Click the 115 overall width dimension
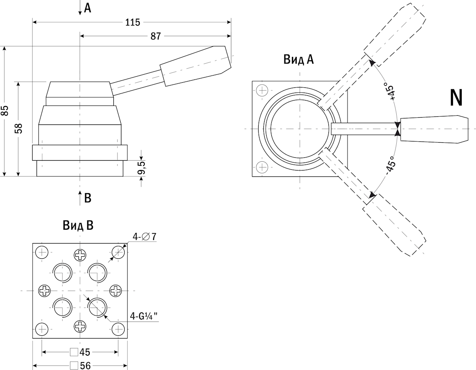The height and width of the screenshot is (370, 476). pos(132,22)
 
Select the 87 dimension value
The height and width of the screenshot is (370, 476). pos(155,36)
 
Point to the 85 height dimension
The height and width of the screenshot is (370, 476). pos(5,110)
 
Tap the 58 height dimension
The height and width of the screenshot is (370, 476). pos(19,128)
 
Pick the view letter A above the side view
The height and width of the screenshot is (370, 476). pos(87,8)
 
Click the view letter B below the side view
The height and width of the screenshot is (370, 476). pos(88,198)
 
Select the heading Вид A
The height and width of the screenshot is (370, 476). pos(298,60)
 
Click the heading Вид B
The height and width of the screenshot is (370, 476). pos(78,226)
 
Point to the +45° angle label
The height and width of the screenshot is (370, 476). pos(390,92)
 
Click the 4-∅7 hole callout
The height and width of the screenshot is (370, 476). pos(144,237)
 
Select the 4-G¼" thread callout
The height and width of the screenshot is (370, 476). pos(144,316)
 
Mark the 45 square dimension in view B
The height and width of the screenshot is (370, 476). pos(80,352)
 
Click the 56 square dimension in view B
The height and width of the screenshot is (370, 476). pos(80,366)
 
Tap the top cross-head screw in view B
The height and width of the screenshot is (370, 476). pos(80,255)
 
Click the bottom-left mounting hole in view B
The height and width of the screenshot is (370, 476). pos(42,329)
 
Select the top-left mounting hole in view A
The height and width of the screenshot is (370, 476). pos(262,90)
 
